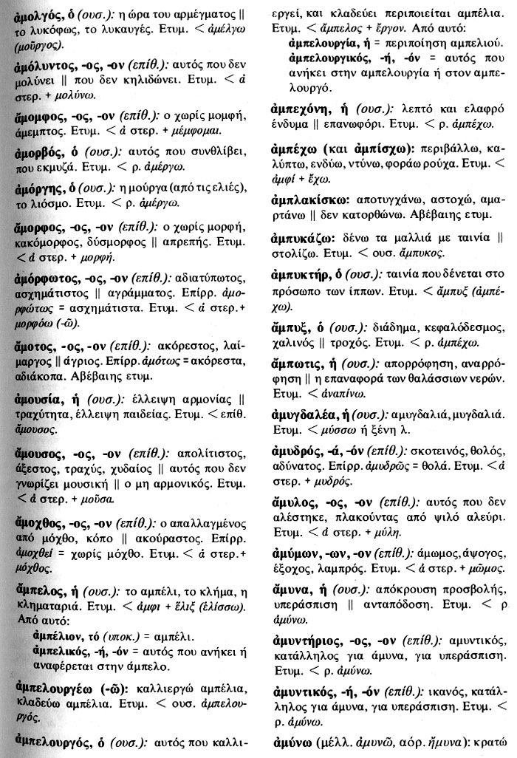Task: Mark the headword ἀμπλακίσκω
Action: coord(305,202)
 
